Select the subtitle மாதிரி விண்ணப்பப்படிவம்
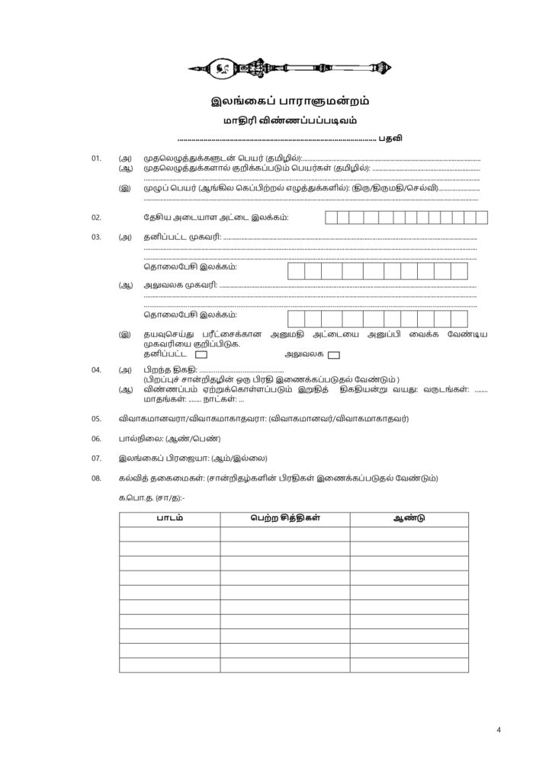[x=275, y=120]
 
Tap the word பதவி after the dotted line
[x=390, y=139]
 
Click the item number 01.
[x=96, y=158]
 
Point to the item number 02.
[x=96, y=217]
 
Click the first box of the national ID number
[x=332, y=217]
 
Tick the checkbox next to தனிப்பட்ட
[x=201, y=354]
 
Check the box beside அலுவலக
[x=332, y=354]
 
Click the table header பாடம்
[x=169, y=519]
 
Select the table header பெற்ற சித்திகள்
[x=284, y=519]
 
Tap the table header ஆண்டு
[x=409, y=519]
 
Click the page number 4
[x=498, y=730]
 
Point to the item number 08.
[x=96, y=478]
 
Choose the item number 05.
[x=96, y=418]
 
